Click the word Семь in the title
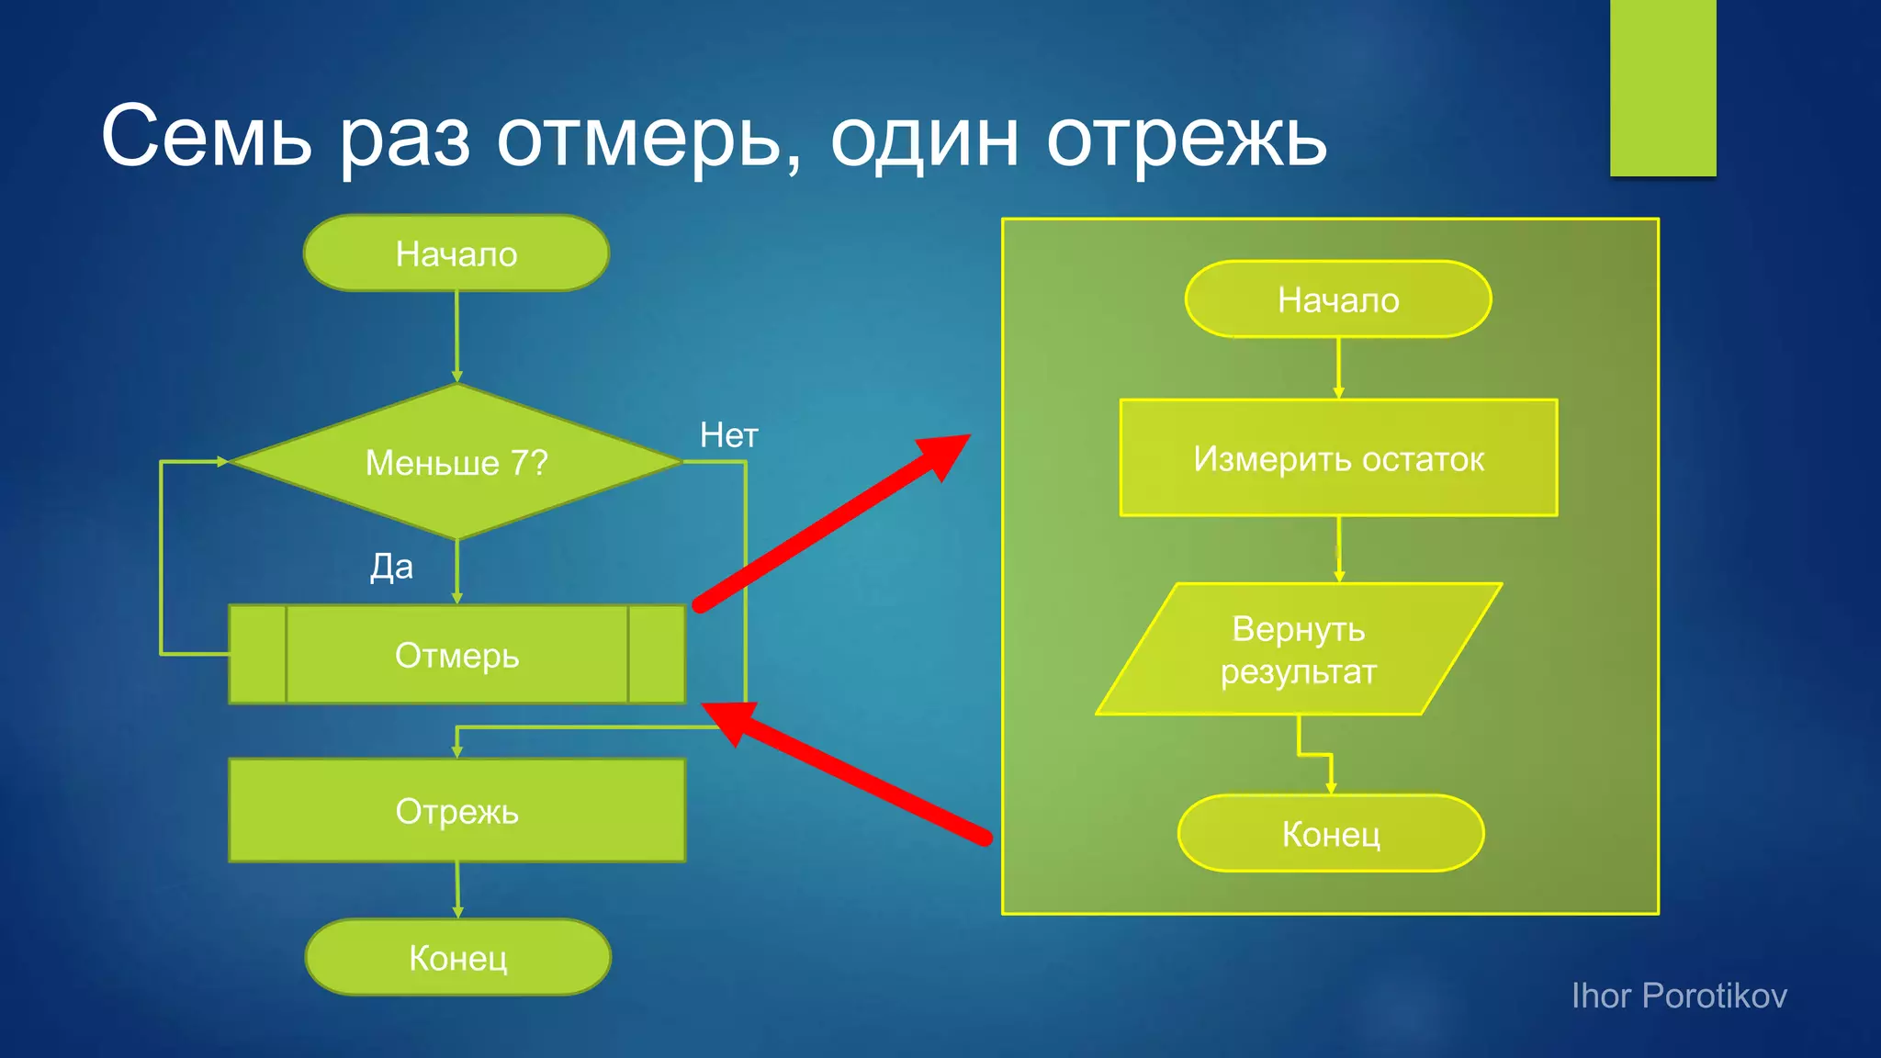point(207,138)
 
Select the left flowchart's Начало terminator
point(456,253)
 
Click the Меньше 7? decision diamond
point(456,462)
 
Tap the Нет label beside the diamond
point(729,435)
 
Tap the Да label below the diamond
point(391,567)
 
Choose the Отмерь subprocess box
point(456,655)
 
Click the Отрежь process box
point(456,811)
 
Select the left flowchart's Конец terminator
point(457,958)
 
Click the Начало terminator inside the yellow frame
point(1338,299)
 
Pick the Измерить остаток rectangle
point(1338,458)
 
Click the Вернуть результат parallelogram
point(1298,649)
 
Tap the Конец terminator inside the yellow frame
point(1331,834)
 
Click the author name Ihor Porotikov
point(1679,996)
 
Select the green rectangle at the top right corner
point(1662,87)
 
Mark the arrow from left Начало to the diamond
point(456,335)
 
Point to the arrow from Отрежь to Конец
point(457,889)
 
